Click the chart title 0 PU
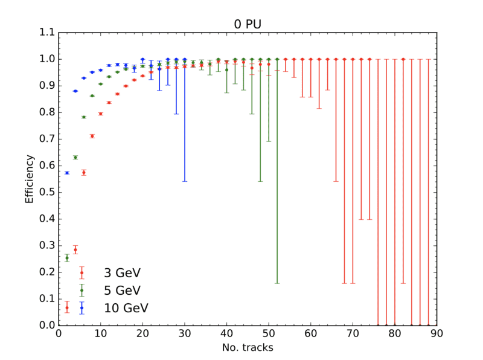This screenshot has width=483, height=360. [x=248, y=24]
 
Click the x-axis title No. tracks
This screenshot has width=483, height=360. [x=248, y=347]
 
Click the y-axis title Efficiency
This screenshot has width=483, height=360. [x=29, y=179]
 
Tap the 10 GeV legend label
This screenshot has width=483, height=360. [x=126, y=308]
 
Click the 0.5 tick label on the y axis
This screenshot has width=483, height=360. [x=46, y=192]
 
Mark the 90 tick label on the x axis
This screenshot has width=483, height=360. [x=437, y=333]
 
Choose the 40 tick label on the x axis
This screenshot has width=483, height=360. [x=226, y=333]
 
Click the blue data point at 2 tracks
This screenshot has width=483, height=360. [x=67, y=173]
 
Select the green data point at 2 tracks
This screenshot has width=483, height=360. [x=67, y=258]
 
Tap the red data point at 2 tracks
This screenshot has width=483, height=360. [x=67, y=307]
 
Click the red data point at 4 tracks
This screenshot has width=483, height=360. [x=75, y=249]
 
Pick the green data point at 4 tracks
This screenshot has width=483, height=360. [x=75, y=157]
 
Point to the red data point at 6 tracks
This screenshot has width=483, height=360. [x=84, y=172]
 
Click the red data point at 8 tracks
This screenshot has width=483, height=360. [x=92, y=136]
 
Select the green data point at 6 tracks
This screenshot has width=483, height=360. [x=84, y=117]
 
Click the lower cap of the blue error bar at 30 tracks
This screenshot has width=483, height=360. [x=185, y=181]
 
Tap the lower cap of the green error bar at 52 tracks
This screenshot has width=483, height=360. [x=277, y=283]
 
